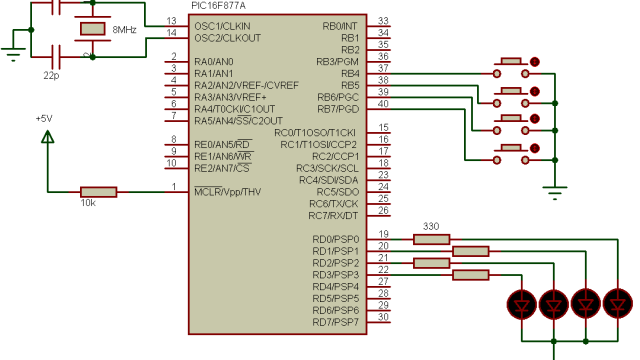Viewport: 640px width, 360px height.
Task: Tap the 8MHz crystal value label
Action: [125, 30]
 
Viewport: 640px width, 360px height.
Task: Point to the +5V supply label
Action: [43, 118]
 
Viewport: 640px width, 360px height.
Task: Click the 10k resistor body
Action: [98, 191]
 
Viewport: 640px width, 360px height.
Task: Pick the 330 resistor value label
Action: [432, 226]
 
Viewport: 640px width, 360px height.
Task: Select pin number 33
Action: [383, 22]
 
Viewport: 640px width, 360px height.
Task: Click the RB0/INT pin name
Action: [341, 25]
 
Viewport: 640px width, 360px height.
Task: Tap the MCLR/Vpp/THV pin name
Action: [227, 191]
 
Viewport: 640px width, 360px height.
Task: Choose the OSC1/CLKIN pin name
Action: [223, 25]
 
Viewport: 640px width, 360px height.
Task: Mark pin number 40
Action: [383, 104]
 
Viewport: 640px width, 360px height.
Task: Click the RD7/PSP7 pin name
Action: [335, 322]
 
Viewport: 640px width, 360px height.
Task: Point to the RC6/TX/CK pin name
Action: [334, 203]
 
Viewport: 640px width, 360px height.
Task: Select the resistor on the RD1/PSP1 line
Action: [471, 251]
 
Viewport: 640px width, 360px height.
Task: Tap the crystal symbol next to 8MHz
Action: [93, 30]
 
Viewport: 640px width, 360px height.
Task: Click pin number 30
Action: [383, 317]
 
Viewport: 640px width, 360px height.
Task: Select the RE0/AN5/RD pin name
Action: [222, 144]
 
